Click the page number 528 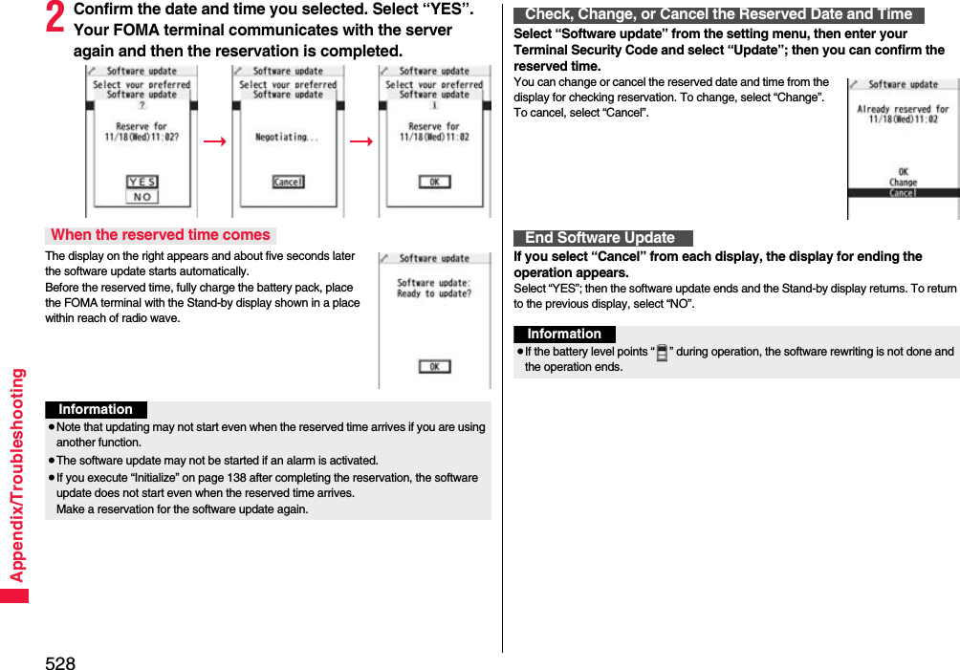click(59, 661)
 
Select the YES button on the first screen click(142, 182)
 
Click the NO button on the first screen click(142, 197)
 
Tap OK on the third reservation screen click(435, 182)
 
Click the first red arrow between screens click(215, 141)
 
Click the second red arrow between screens click(361, 141)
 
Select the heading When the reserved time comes click(161, 235)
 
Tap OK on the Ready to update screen click(434, 367)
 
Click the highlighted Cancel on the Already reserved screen click(903, 193)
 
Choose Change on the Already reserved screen click(903, 183)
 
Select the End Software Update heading click(600, 238)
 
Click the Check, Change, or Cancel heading click(718, 14)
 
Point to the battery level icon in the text click(662, 353)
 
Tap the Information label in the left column click(96, 410)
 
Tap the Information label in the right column click(564, 335)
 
